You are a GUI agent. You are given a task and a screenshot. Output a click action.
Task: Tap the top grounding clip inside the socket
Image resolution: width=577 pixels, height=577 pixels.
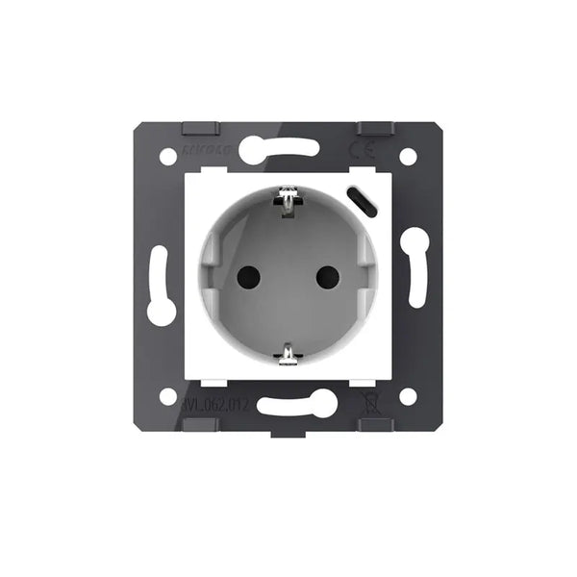(288, 200)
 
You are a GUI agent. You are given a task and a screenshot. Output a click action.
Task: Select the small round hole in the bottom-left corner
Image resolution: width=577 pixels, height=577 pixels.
(168, 396)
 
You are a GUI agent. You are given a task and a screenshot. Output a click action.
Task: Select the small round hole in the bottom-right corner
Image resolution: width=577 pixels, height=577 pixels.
(408, 396)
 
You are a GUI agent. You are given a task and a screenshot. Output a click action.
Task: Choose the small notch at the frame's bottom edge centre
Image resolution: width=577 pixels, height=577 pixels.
(288, 430)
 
